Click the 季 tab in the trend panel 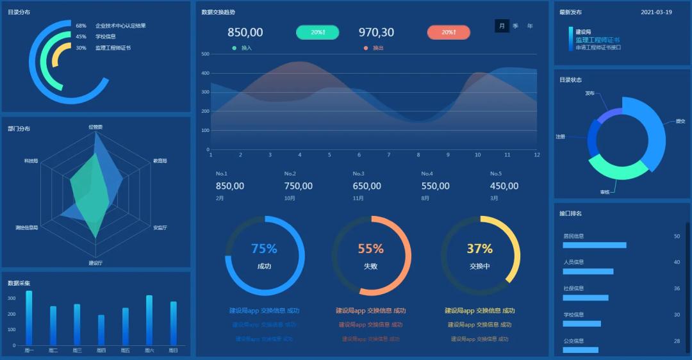point(516,26)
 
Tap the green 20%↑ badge point(318,32)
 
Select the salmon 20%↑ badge point(449,32)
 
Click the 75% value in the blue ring point(264,249)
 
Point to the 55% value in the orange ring point(370,249)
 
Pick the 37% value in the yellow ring point(479,249)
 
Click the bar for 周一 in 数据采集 point(29,318)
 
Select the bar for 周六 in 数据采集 point(149,320)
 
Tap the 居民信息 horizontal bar point(595,245)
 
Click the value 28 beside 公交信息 point(677,341)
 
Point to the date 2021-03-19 point(656,12)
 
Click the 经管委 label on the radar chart point(95,127)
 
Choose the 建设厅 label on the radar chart point(95,263)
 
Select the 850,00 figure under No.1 point(230,186)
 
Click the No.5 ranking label point(496,174)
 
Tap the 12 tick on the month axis point(537,154)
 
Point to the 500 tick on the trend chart point(206,54)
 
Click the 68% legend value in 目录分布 point(81,26)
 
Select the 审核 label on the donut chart point(605,192)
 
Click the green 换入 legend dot point(235,48)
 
